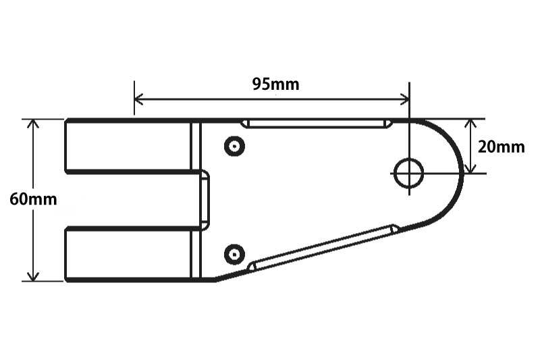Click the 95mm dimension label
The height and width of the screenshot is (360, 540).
275,84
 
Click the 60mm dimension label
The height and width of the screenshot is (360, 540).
33,199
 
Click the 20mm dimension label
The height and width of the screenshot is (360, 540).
501,147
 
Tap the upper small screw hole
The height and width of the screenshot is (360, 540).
234,147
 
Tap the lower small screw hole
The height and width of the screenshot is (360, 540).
234,255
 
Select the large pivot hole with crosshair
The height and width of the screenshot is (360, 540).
409,173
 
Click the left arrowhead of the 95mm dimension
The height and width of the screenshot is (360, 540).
138,99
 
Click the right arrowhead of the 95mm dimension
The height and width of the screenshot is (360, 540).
405,99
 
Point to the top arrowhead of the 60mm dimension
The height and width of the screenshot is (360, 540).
33,124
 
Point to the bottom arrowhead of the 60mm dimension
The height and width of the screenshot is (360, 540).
33,277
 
